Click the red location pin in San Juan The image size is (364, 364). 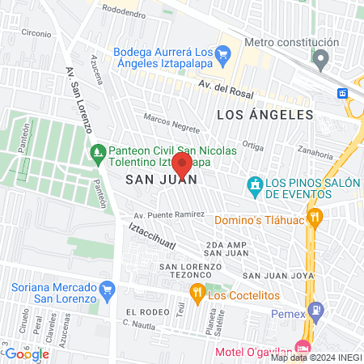[183, 165]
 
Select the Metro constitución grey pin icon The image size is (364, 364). [322, 58]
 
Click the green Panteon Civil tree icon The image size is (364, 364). [98, 150]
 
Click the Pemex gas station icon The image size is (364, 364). [316, 309]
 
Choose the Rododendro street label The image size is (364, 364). [129, 11]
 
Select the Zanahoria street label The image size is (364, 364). [315, 152]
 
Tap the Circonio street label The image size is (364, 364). [36, 33]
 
